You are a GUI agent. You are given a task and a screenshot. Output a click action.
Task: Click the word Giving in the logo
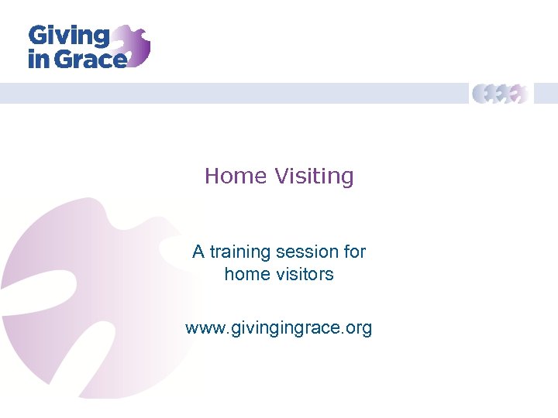pyautogui.click(x=68, y=36)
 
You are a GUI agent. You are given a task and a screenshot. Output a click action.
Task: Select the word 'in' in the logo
pyautogui.click(x=38, y=59)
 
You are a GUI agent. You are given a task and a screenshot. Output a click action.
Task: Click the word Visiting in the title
pyautogui.click(x=313, y=176)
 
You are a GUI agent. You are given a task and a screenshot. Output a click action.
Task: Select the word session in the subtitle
pyautogui.click(x=306, y=252)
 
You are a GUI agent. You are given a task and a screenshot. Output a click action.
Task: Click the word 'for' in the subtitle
pyautogui.click(x=354, y=252)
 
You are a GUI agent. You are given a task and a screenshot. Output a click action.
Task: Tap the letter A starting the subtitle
pyautogui.click(x=198, y=252)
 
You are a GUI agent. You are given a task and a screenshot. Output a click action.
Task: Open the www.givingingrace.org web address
pyautogui.click(x=279, y=328)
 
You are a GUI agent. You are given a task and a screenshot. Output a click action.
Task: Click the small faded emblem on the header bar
pyautogui.click(x=501, y=94)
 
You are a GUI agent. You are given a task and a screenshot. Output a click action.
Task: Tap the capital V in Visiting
pyautogui.click(x=280, y=176)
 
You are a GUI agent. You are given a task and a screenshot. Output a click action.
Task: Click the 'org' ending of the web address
pyautogui.click(x=360, y=328)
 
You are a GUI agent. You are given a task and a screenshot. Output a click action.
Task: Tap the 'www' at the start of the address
pyautogui.click(x=204, y=328)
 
